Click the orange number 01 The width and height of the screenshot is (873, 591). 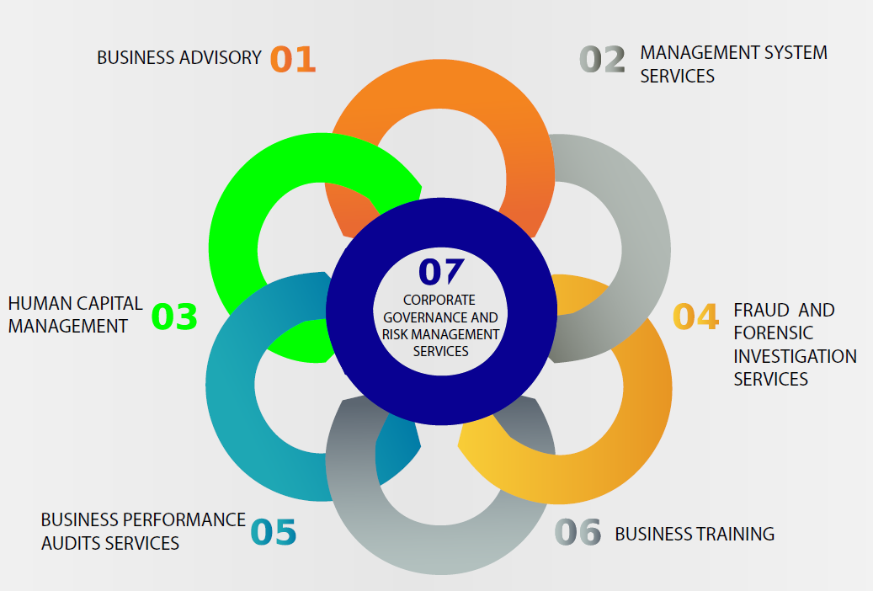tap(293, 60)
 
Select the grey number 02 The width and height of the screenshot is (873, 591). tap(603, 60)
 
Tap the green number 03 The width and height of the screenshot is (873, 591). tap(174, 317)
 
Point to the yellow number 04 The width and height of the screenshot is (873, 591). tap(696, 317)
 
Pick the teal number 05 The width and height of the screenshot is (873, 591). tap(274, 532)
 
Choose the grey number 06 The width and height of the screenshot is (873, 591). tap(578, 532)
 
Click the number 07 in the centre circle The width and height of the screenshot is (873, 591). tap(441, 271)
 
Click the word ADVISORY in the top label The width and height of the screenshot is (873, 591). tap(221, 58)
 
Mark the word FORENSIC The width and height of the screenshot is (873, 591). tap(773, 333)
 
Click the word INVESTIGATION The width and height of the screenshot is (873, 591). tap(795, 356)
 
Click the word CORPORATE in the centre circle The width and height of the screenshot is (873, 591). tap(439, 300)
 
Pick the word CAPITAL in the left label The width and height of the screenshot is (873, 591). tap(110, 303)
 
